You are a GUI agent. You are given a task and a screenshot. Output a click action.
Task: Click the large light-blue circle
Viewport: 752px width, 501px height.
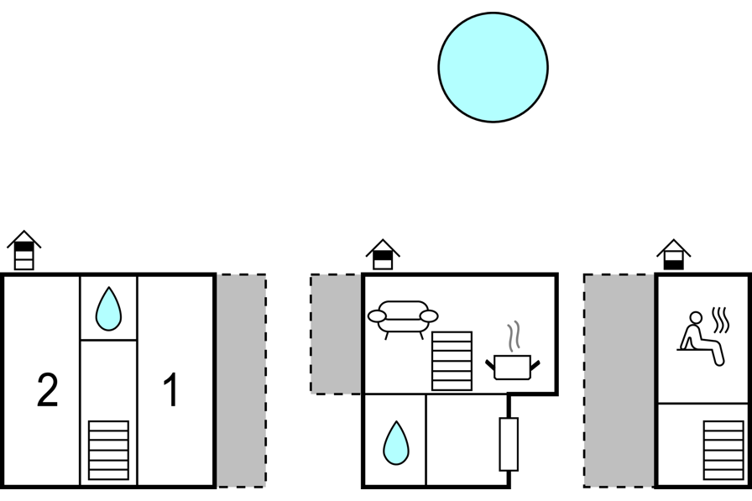pos(493,67)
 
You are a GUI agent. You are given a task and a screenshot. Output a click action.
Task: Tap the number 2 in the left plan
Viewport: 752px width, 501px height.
pos(48,390)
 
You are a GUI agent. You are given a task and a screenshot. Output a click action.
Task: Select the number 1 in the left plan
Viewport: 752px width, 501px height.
pos(171,390)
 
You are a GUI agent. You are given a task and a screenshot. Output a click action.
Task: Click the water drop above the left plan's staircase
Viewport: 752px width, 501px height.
pos(108,309)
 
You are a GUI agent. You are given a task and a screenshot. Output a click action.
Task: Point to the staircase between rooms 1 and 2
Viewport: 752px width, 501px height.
pos(108,450)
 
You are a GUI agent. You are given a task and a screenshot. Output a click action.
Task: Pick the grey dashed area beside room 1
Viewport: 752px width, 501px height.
pos(241,381)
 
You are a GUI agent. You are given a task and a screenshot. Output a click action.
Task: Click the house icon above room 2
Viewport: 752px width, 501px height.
pos(24,250)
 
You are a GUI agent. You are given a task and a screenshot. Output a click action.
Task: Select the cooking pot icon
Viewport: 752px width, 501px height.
pos(513,368)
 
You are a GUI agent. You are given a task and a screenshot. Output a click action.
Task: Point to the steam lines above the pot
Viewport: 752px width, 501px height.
pos(514,337)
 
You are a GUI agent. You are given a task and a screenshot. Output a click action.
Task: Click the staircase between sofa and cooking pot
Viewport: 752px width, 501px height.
pos(452,361)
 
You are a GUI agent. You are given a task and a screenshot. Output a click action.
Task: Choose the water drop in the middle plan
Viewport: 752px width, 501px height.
pos(396,443)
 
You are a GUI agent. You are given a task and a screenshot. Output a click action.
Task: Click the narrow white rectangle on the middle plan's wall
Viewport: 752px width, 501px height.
pos(509,444)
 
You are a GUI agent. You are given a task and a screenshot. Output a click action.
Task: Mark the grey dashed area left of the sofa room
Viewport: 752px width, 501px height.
pos(337,334)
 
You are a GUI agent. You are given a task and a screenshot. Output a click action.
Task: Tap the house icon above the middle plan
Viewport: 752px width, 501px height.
pos(383,254)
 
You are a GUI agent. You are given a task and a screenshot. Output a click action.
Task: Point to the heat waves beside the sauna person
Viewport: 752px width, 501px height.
pos(721,321)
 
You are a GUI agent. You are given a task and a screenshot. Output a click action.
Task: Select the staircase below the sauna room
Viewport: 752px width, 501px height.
pos(723,450)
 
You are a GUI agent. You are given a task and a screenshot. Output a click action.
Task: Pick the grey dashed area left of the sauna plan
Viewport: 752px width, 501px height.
pos(619,381)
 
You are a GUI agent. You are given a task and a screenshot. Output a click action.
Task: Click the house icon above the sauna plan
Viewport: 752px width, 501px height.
pos(674,254)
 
